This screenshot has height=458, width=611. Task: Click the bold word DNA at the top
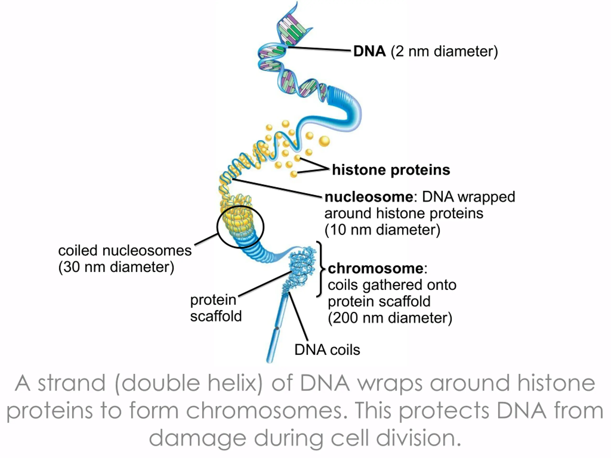pos(369,51)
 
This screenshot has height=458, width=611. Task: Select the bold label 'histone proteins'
pos(391,170)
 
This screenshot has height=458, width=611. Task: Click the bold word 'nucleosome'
pos(369,197)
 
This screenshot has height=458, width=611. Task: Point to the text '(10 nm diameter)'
pos(382,230)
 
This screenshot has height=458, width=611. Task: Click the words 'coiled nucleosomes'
pos(125,251)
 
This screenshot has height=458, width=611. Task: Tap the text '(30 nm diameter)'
pos(116,267)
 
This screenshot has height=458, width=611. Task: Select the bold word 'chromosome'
pos(376,268)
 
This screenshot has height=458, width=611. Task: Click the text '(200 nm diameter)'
pos(390,318)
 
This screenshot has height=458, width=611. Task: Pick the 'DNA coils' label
pos(327,350)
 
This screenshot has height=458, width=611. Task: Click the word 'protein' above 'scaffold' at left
pos(213,300)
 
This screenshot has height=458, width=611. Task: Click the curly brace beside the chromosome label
pos(320,269)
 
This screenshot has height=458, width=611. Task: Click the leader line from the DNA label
pos(319,49)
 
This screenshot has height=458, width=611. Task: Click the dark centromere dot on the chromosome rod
pos(277,328)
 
